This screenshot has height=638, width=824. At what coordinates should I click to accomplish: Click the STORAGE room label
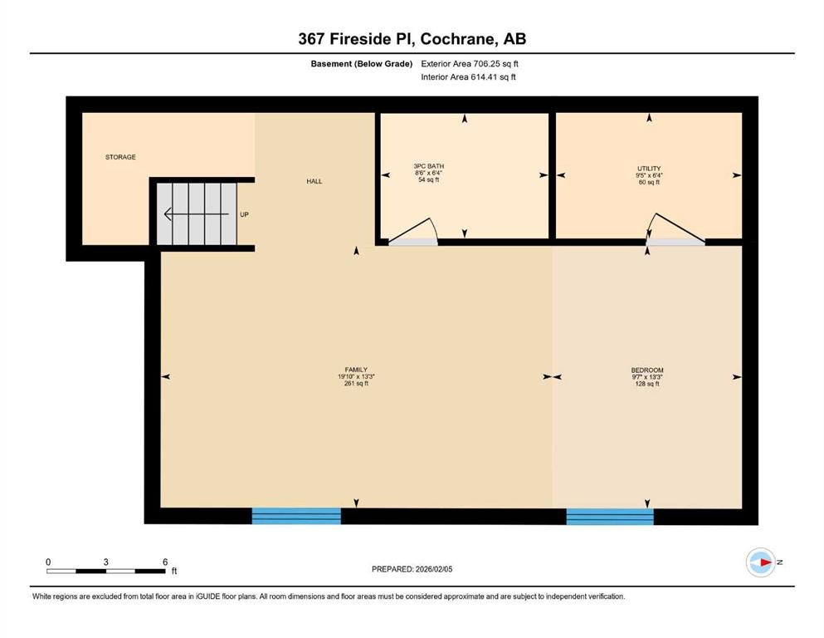[119, 157]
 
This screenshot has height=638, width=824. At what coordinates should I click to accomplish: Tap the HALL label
[314, 181]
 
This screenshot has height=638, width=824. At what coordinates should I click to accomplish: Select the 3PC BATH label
[429, 167]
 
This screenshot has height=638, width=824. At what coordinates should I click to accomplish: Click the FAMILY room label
[356, 370]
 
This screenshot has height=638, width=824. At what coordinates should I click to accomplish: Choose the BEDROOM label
[646, 370]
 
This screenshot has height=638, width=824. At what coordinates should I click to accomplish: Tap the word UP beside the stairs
[244, 214]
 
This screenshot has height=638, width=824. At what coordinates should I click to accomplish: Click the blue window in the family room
[296, 516]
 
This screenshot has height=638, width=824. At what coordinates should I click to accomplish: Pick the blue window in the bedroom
[610, 516]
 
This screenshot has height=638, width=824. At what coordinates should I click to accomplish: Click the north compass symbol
[760, 562]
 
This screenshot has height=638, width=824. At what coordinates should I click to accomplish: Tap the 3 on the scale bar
[106, 562]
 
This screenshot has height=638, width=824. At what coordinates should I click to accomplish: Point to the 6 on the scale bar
[165, 562]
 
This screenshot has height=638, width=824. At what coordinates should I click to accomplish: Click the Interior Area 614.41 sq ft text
[468, 77]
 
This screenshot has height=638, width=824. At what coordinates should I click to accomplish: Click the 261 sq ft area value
[356, 384]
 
